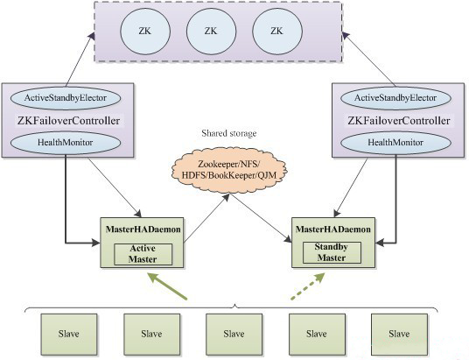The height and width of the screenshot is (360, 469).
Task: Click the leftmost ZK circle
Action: tap(145, 32)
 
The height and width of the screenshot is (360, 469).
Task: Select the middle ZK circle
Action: tap(211, 32)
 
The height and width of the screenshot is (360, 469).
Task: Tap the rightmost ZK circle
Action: tap(277, 32)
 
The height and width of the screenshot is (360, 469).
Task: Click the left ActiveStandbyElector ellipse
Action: tap(66, 98)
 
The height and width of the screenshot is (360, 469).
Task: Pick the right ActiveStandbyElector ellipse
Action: tap(395, 98)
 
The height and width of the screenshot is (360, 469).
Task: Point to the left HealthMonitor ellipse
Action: tap(66, 142)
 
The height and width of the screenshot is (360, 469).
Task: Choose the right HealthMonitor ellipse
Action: tap(395, 142)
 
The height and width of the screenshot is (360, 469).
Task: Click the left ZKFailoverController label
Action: tap(68, 121)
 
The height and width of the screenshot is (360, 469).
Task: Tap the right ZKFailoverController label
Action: tap(399, 121)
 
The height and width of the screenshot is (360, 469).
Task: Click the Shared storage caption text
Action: tap(229, 133)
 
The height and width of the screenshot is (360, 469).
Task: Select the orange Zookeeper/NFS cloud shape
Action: tap(229, 170)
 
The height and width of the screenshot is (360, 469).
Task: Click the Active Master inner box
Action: tap(143, 254)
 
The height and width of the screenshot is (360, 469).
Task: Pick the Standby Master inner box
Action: tap(332, 252)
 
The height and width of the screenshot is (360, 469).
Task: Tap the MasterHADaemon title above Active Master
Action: tap(143, 229)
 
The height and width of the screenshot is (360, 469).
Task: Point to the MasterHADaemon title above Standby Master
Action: tap(333, 229)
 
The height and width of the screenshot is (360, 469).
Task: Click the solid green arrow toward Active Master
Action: tap(167, 286)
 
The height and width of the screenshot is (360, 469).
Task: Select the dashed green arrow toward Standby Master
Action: tap(308, 286)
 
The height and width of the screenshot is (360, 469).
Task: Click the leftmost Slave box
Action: tap(69, 335)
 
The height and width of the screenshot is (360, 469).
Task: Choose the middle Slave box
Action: tap(234, 335)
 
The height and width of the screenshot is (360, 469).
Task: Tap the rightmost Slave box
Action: tap(399, 335)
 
